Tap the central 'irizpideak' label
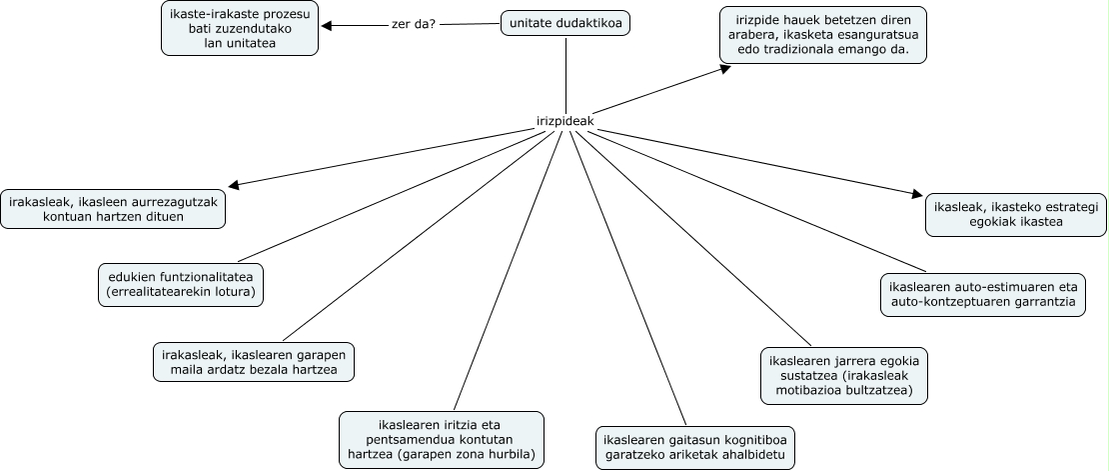coord(565,121)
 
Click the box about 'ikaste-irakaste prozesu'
coord(240,29)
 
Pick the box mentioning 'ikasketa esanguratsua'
coord(822,35)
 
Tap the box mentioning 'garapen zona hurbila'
coord(442,440)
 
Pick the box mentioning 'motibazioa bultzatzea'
coord(844,374)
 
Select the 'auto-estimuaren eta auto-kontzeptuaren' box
coord(982,292)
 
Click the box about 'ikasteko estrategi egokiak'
coord(1014,214)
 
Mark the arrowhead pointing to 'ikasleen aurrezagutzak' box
coord(234,185)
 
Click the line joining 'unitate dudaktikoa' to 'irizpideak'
coord(566,75)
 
